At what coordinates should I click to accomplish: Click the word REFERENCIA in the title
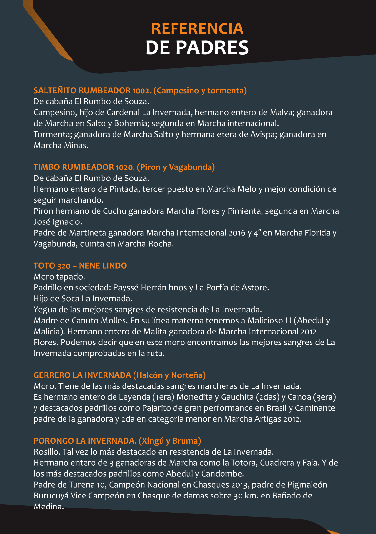197,29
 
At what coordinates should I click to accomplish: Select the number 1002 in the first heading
142,91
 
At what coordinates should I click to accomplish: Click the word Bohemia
131,123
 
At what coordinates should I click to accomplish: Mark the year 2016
237,233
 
